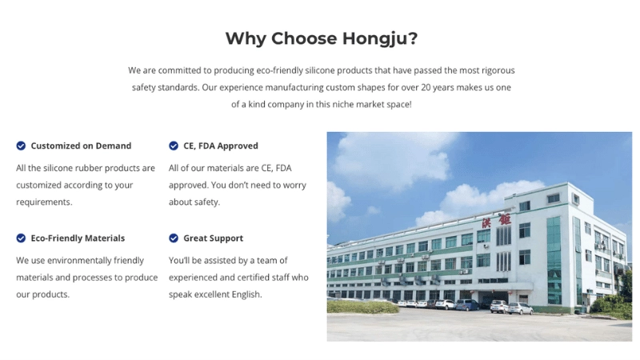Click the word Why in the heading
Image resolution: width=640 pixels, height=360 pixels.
point(246,38)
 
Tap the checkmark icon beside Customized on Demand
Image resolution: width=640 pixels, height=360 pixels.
point(21,146)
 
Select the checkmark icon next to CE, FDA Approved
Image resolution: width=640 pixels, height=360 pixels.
point(174,146)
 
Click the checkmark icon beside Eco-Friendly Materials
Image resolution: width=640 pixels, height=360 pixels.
point(21,238)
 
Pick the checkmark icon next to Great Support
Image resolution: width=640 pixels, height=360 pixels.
point(174,238)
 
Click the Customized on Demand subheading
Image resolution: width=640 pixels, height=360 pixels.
point(81,146)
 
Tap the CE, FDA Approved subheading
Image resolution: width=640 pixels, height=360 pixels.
point(221,146)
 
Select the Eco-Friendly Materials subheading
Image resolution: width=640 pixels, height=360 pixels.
point(78,238)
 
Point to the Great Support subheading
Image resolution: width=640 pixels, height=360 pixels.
point(213,238)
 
